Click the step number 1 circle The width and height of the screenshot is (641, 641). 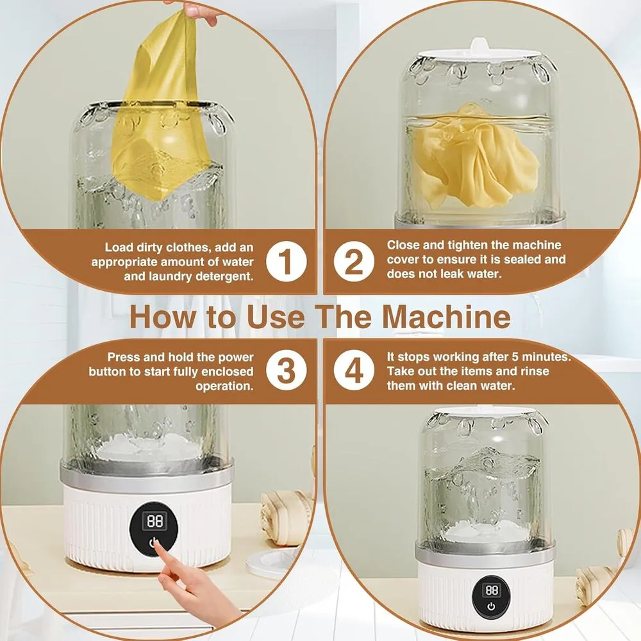pyautogui.click(x=286, y=262)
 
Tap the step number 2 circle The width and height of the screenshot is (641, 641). pyautogui.click(x=354, y=262)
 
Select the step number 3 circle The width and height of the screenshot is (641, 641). pyautogui.click(x=286, y=370)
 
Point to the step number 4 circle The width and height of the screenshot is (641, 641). pyautogui.click(x=354, y=370)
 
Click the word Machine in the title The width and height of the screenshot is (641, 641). pyautogui.click(x=446, y=317)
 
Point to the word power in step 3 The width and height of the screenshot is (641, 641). pyautogui.click(x=235, y=357)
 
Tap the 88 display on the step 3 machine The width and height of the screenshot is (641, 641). pyautogui.click(x=155, y=521)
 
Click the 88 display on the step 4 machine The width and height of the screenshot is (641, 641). pyautogui.click(x=492, y=590)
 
